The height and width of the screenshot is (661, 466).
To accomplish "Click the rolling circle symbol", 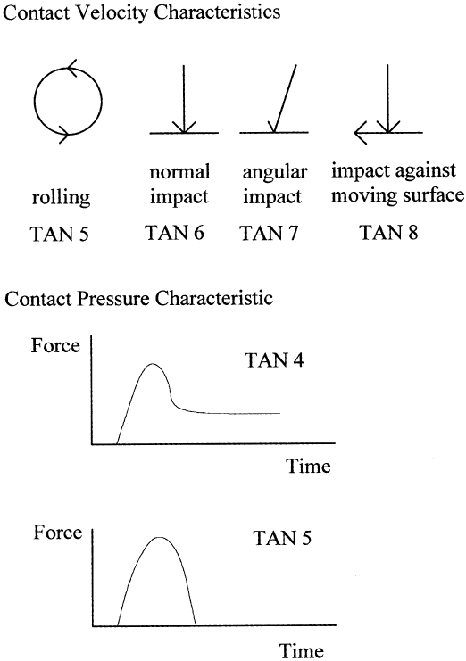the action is (x=34, y=101).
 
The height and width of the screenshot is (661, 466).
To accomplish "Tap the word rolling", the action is (x=61, y=197).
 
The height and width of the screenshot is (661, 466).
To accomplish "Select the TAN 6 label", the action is (x=175, y=233).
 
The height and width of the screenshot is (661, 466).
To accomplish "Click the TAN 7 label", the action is (x=269, y=233).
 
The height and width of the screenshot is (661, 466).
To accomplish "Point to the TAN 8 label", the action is (x=389, y=232).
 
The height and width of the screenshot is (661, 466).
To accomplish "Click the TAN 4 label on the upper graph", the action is (x=274, y=360).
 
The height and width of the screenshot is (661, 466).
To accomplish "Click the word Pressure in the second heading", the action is (x=113, y=299).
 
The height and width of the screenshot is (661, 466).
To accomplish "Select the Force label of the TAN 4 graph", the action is (x=55, y=346).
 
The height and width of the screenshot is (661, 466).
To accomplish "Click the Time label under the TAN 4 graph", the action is (x=308, y=467).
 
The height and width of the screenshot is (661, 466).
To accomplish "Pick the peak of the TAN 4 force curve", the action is (x=153, y=363).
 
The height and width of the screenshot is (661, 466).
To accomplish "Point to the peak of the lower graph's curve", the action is (x=160, y=538).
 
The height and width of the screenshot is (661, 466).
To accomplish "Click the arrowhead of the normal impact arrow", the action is (x=184, y=128).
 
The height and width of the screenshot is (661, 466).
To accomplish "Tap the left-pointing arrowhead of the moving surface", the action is (x=360, y=133).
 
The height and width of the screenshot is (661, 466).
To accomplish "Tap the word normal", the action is (x=180, y=172).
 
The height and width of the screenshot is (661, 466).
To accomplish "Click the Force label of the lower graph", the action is (x=58, y=533).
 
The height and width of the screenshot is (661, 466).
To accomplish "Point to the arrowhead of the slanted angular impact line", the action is (x=273, y=128).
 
